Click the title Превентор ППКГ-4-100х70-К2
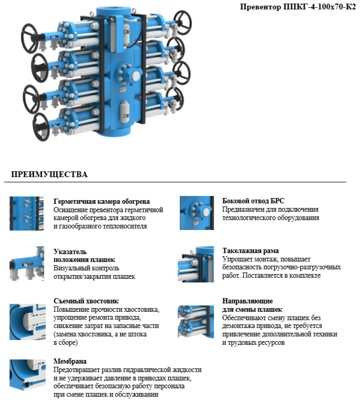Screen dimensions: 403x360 [x=297, y=7]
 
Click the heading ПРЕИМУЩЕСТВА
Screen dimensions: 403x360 [x=49, y=175]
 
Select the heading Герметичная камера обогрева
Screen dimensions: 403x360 [x=102, y=202]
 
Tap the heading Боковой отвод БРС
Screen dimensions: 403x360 [x=253, y=201]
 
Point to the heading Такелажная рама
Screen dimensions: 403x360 [x=250, y=251]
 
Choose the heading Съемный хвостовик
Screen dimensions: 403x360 [x=86, y=301]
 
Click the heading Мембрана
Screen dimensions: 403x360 [x=70, y=362]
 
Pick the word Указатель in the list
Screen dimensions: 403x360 [x=70, y=252]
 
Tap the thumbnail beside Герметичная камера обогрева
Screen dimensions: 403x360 [x=27, y=213]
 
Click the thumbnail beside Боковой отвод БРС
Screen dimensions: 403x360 [x=196, y=213]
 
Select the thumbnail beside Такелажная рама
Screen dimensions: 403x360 [x=196, y=264]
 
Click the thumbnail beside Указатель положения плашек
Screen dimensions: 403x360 [x=27, y=264]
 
